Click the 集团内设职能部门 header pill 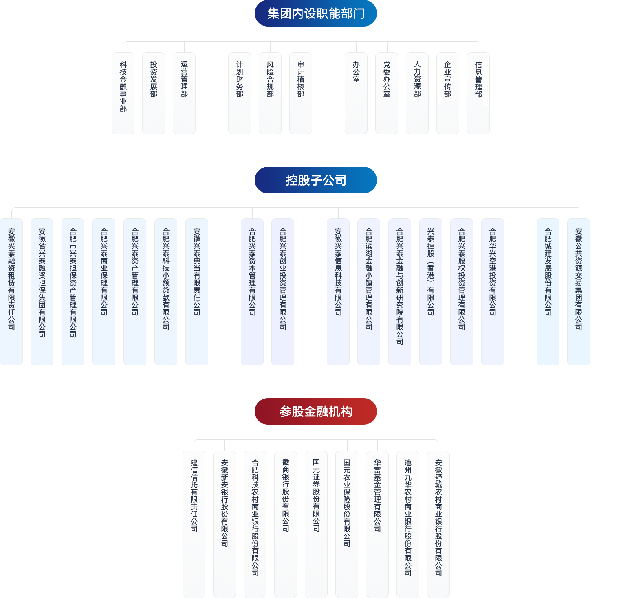point(315,13)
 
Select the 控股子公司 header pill point(315,180)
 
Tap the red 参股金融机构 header point(315,411)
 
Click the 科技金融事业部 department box point(123,93)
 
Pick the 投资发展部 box point(154,93)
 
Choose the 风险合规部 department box point(270,93)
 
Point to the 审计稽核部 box point(301,93)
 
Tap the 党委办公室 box point(387,93)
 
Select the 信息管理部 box point(478,93)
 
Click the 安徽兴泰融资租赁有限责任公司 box point(11,292)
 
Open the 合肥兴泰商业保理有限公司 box point(104,292)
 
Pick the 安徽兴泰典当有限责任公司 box point(197,292)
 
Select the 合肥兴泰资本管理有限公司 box point(252,292)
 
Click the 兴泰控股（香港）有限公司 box point(431,292)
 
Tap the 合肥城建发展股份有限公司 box point(548,292)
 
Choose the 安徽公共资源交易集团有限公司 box point(579,292)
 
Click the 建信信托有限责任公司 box point(194,524)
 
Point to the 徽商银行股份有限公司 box point(286,524)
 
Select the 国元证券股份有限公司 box point(316,524)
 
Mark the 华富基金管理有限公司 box point(377,524)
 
